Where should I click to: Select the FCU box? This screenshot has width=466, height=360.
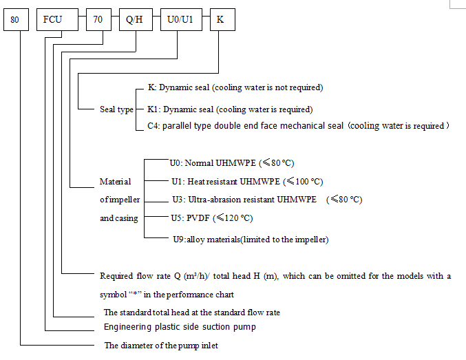pos(52,20)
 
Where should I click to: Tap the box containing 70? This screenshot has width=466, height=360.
pos(98,20)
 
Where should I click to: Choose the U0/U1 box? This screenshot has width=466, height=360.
pos(180,20)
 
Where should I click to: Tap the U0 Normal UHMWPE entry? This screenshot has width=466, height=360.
pos(232,164)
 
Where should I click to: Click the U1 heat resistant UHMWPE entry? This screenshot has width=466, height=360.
pos(247,182)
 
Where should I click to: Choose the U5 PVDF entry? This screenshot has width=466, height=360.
pos(211,218)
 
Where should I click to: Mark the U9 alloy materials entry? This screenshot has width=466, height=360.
pos(250,240)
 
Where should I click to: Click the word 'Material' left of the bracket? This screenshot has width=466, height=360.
pos(115,182)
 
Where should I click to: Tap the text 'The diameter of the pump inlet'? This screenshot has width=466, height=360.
pos(160,346)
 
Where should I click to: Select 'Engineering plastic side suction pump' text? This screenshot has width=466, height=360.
pos(180,326)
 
